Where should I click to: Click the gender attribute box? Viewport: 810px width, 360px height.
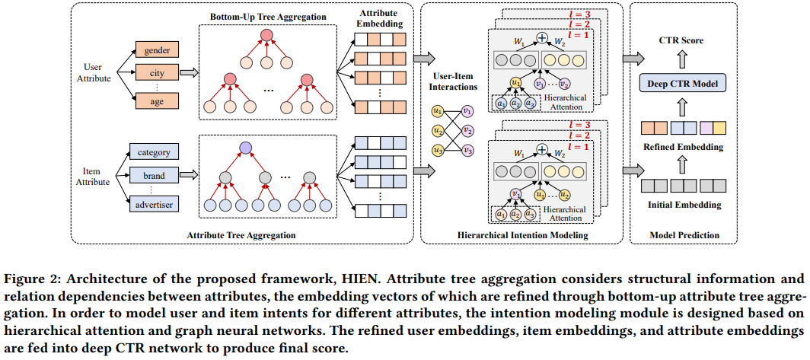click(156, 52)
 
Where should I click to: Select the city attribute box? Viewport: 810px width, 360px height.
click(156, 74)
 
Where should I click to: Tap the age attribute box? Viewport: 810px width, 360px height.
click(156, 100)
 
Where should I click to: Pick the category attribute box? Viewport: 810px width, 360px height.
click(155, 151)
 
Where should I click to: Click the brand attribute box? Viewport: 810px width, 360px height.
click(155, 176)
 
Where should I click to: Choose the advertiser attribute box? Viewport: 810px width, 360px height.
click(155, 205)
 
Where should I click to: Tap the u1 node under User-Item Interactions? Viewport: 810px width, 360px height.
click(437, 111)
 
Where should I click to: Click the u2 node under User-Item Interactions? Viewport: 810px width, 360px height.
click(437, 130)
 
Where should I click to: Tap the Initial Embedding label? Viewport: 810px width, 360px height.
click(682, 205)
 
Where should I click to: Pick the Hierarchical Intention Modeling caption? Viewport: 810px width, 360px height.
click(523, 235)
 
